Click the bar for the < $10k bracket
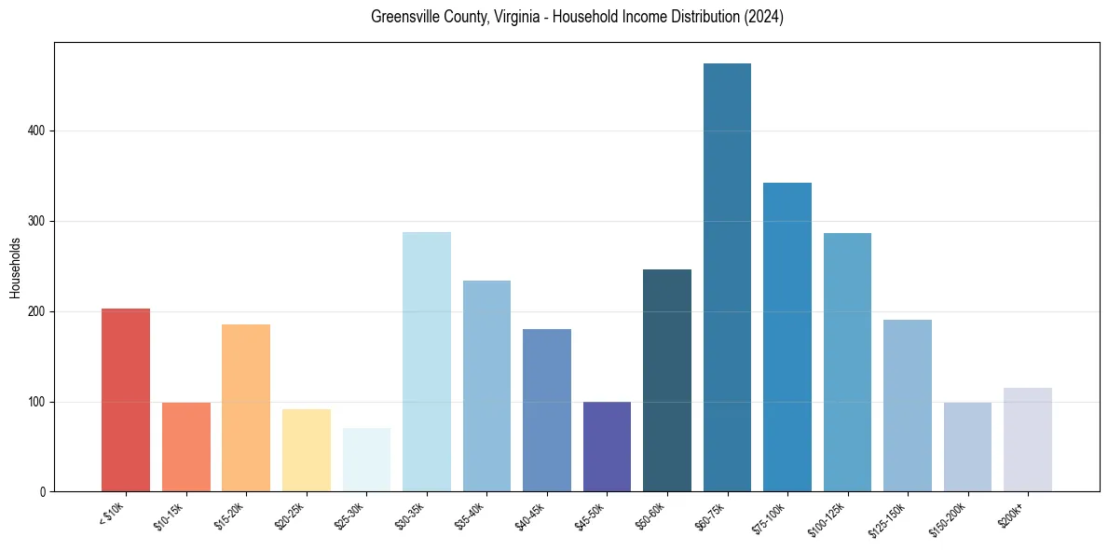point(126,400)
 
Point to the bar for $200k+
point(1028,439)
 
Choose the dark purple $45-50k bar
point(607,447)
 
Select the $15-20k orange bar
point(246,408)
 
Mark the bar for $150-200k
point(967,447)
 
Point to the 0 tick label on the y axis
point(43,491)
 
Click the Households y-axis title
point(15,267)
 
